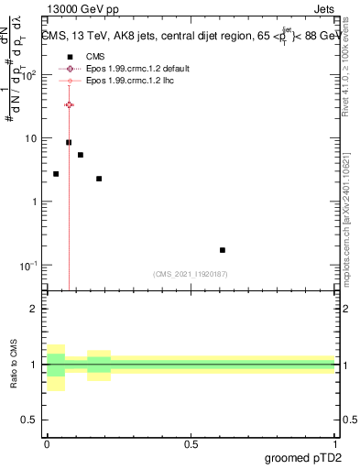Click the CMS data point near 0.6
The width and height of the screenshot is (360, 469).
pos(223,250)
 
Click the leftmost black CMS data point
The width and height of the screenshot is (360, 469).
pos(56,174)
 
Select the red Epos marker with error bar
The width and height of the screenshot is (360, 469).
pos(69,105)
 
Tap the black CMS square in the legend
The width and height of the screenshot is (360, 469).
pos(70,56)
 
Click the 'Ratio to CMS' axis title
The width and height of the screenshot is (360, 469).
pos(13,365)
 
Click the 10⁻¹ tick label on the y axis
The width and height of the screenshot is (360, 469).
pos(29,265)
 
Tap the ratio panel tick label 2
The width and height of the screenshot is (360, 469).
pos(35,309)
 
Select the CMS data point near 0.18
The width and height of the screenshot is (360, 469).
pos(99,179)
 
